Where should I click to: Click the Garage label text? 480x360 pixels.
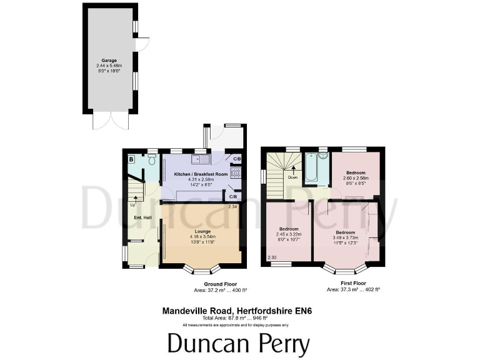coord(109,61)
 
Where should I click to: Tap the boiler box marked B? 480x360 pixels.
coord(131,160)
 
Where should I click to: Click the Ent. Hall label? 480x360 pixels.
coord(143,217)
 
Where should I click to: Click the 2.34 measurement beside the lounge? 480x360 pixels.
coord(232,207)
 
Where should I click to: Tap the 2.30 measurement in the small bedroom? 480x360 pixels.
coord(271,257)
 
